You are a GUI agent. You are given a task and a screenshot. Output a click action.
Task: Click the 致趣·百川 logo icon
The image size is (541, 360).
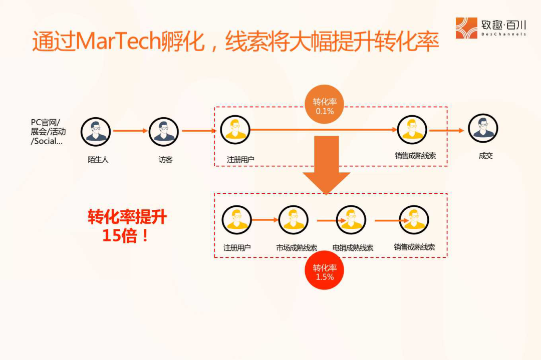(466, 28)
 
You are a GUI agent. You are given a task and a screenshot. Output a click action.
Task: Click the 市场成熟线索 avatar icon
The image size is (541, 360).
(294, 220)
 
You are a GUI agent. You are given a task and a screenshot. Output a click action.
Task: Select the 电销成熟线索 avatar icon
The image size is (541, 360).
(351, 220)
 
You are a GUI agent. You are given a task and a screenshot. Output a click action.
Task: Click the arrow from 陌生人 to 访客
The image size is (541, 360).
(130, 131)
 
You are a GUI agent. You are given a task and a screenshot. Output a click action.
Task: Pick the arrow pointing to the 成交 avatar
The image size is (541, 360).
(447, 131)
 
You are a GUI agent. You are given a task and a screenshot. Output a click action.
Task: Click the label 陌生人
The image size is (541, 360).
(98, 160)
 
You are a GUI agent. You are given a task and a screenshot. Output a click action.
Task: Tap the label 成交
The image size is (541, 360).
(485, 156)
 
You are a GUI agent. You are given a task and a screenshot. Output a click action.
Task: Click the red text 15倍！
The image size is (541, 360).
(126, 235)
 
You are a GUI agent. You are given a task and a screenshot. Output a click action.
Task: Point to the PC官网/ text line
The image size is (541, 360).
(45, 122)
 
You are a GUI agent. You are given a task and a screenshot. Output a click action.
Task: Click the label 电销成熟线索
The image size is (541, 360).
(353, 248)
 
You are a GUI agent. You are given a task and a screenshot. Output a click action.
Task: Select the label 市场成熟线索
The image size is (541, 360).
(297, 248)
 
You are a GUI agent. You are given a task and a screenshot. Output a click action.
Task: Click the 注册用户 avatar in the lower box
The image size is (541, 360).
(236, 220)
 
